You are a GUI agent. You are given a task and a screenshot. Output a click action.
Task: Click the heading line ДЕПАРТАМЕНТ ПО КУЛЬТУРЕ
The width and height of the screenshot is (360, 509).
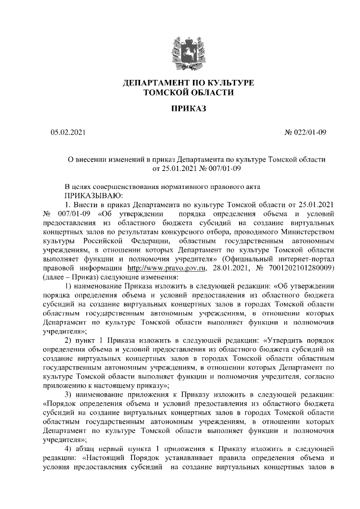(188, 83)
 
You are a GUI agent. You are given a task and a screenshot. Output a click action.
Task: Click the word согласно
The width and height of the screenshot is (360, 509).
(321, 377)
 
